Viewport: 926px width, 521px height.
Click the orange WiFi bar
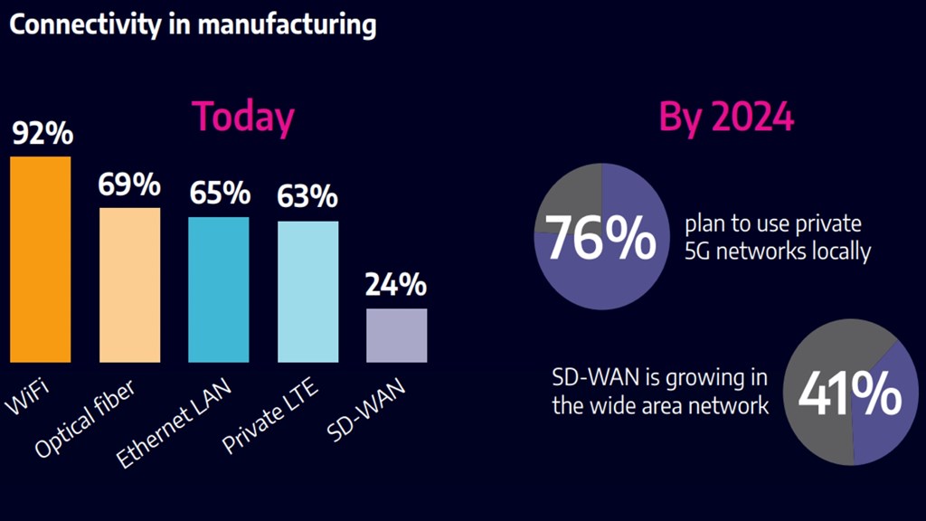pyautogui.click(x=40, y=260)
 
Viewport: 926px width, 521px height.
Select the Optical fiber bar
pyautogui.click(x=129, y=285)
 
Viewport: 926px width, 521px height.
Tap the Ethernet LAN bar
pyautogui.click(x=219, y=289)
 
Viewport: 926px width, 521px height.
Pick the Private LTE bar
pyautogui.click(x=307, y=292)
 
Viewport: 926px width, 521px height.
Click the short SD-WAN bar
pyautogui.click(x=396, y=336)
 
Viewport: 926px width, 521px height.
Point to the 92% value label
pyautogui.click(x=43, y=133)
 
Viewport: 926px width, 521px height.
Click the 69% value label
pyautogui.click(x=129, y=185)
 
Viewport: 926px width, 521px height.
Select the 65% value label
pyautogui.click(x=220, y=194)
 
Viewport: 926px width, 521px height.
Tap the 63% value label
pyautogui.click(x=307, y=196)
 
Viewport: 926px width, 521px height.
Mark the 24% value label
pyautogui.click(x=396, y=285)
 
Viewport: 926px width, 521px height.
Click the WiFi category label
pyautogui.click(x=27, y=397)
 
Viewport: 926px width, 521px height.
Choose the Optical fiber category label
pyautogui.click(x=85, y=419)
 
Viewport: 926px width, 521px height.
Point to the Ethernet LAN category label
pyautogui.click(x=173, y=423)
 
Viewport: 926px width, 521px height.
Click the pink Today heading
pyautogui.click(x=243, y=117)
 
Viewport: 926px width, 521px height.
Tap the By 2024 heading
pyautogui.click(x=726, y=117)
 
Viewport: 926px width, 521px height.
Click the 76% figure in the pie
pyautogui.click(x=600, y=238)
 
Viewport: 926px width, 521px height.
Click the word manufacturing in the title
pyautogui.click(x=287, y=25)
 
